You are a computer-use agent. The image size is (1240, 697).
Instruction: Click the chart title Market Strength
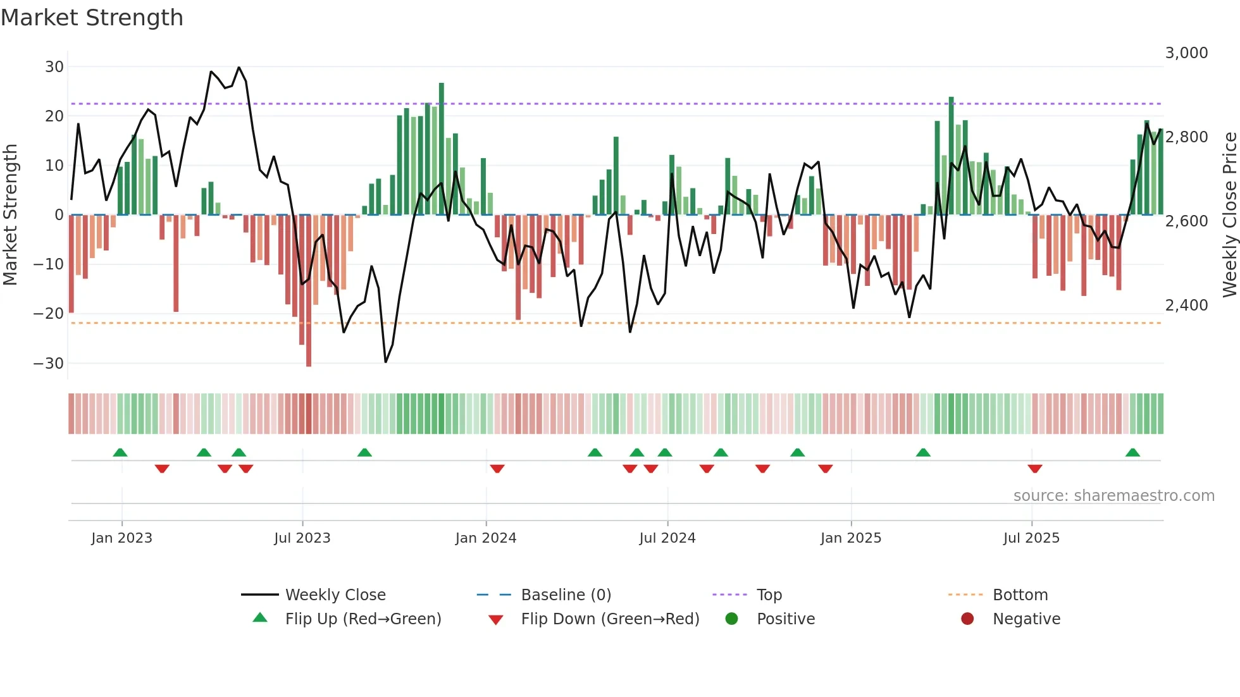92,18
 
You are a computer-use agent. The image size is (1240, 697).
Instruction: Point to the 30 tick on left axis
54,67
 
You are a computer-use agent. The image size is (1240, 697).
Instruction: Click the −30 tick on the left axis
49,364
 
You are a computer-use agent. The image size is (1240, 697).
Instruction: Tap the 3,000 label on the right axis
1186,53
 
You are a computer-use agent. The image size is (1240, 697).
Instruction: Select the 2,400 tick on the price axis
1186,305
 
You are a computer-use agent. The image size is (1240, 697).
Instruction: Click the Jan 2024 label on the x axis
485,538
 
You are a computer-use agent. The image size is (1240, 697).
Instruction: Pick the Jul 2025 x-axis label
1031,538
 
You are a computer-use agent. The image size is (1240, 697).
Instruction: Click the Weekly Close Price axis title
1229,215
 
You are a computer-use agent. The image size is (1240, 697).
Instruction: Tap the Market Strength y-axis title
10,215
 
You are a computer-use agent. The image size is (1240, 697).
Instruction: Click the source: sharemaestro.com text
1113,496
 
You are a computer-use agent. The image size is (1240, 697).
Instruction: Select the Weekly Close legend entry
335,595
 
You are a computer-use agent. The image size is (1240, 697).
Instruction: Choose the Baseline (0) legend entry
566,595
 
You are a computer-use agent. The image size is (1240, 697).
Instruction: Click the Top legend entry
769,595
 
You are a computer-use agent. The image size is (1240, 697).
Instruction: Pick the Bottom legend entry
1020,595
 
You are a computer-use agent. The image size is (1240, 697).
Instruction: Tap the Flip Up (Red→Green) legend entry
363,619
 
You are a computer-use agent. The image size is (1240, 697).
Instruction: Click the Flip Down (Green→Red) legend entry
609,619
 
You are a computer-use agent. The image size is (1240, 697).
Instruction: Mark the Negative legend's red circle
967,619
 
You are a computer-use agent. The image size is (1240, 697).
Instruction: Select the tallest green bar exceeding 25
442,149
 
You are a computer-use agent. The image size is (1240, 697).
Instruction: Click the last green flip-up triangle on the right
1132,452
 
